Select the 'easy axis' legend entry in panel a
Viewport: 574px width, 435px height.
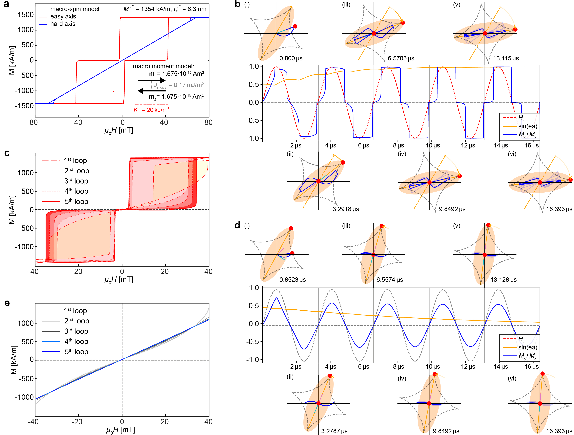pyautogui.click(x=63, y=17)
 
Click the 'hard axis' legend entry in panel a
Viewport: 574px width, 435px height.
pyautogui.click(x=63, y=24)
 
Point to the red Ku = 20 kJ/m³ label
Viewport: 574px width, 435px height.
pyautogui.click(x=152, y=110)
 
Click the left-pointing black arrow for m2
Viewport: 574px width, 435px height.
pyautogui.click(x=152, y=91)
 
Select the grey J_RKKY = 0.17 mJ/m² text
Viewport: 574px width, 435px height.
pyautogui.click(x=179, y=85)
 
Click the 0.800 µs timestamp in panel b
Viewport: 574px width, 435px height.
pyautogui.click(x=291, y=58)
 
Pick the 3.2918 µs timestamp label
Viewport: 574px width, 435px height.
pyautogui.click(x=346, y=209)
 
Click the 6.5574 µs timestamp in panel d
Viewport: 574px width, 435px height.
pyautogui.click(x=390, y=280)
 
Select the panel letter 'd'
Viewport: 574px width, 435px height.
pyautogui.click(x=237, y=225)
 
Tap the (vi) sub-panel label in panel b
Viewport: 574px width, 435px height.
pyautogui.click(x=512, y=154)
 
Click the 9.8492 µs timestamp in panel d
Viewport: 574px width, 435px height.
pyautogui.click(x=446, y=431)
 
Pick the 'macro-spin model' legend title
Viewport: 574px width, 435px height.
pyautogui.click(x=75, y=9)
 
